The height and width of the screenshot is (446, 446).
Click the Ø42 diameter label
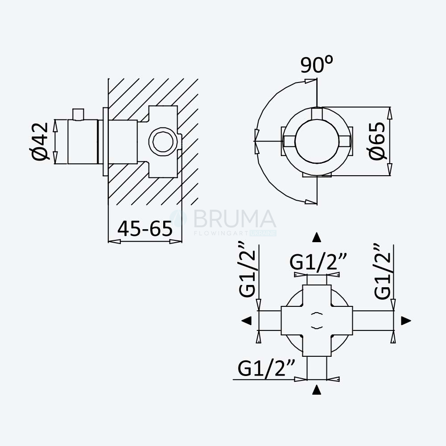40,141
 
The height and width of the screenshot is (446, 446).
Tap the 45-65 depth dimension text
145,228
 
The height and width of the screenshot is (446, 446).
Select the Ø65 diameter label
377,141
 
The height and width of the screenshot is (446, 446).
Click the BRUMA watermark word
235,219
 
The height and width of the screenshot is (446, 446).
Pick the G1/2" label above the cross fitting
318,262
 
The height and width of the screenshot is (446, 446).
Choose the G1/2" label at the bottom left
266,368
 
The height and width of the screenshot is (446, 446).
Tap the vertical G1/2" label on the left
248,270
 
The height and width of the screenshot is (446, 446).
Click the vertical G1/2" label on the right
383,272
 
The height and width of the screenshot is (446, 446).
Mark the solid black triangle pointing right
406,321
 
